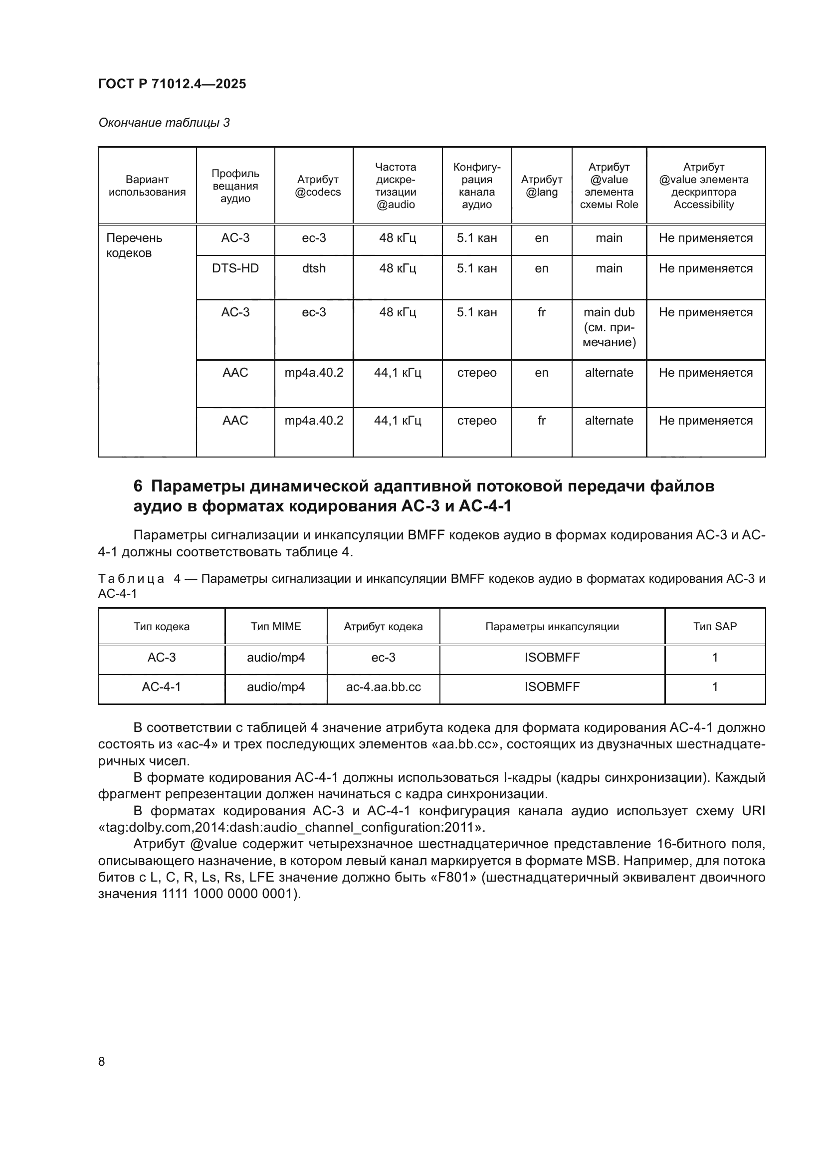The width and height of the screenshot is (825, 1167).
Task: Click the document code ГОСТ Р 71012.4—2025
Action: (172, 84)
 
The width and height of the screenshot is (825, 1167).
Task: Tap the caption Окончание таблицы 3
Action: (164, 123)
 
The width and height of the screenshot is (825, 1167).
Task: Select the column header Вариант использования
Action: (147, 186)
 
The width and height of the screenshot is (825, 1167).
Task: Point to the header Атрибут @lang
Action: (541, 186)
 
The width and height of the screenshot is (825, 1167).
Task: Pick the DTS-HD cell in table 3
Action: (235, 268)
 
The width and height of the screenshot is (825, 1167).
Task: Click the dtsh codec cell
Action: (313, 268)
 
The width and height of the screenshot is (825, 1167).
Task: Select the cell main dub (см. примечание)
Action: (609, 327)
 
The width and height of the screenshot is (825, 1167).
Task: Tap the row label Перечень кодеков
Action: (134, 245)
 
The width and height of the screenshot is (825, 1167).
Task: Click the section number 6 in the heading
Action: (138, 486)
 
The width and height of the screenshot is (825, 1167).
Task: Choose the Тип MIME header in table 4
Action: (276, 626)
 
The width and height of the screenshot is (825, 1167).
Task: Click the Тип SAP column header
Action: (714, 626)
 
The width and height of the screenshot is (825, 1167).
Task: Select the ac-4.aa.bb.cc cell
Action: (383, 687)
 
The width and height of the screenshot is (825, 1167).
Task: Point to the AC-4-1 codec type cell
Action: (162, 687)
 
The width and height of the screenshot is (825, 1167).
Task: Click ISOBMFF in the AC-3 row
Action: (552, 658)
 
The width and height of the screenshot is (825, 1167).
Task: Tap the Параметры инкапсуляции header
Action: (552, 626)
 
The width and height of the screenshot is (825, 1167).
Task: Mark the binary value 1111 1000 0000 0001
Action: (226, 894)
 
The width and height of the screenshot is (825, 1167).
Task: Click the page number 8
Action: (102, 1062)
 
